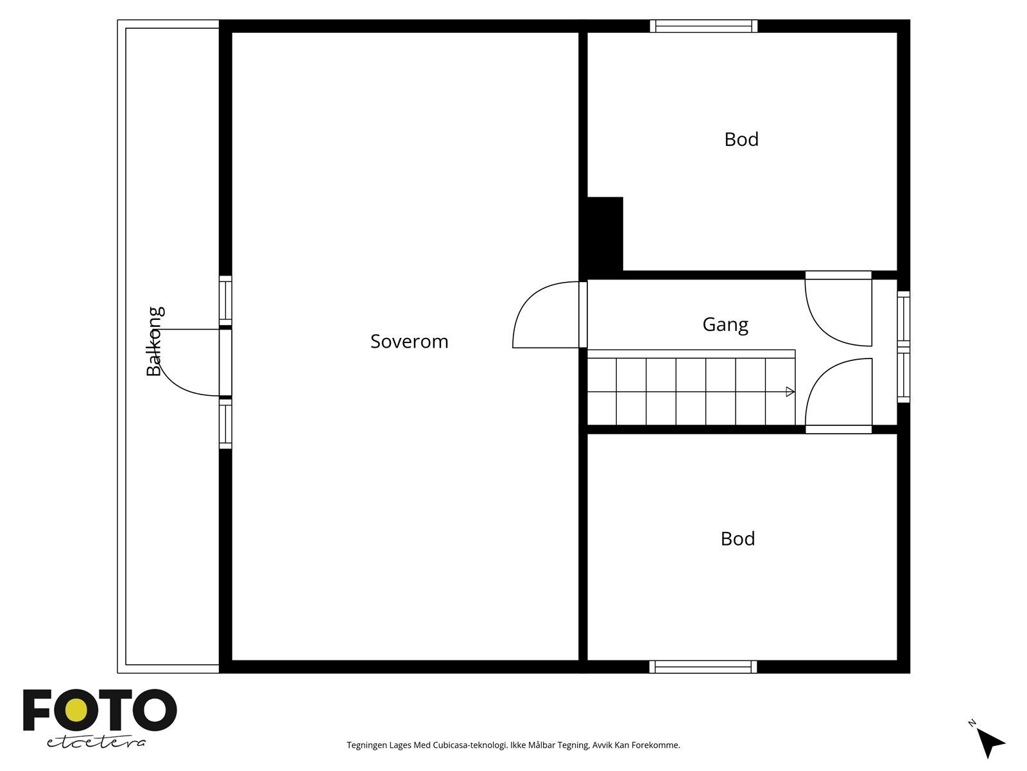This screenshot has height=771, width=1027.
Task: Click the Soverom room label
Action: pyautogui.click(x=409, y=341)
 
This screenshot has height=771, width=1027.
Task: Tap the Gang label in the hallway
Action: pyautogui.click(x=725, y=325)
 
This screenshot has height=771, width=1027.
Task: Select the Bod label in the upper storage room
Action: pyautogui.click(x=741, y=139)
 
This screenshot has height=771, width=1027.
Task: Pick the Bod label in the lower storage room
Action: pyautogui.click(x=738, y=539)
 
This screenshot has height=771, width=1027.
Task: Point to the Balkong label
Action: pyautogui.click(x=155, y=341)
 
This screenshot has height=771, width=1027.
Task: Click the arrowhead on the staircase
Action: pyautogui.click(x=790, y=392)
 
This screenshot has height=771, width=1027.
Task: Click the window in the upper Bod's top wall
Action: pyautogui.click(x=703, y=26)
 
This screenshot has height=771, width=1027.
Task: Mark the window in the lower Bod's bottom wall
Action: pyautogui.click(x=703, y=667)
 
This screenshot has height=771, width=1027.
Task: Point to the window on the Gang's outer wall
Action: pyautogui.click(x=904, y=347)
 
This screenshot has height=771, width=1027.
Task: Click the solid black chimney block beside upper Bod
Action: pyautogui.click(x=605, y=234)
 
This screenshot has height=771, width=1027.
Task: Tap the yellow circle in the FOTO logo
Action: pyautogui.click(x=77, y=711)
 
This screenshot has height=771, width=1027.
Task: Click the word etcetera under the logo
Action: pyautogui.click(x=96, y=742)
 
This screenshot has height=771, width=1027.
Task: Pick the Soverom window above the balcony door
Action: pyautogui.click(x=225, y=301)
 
